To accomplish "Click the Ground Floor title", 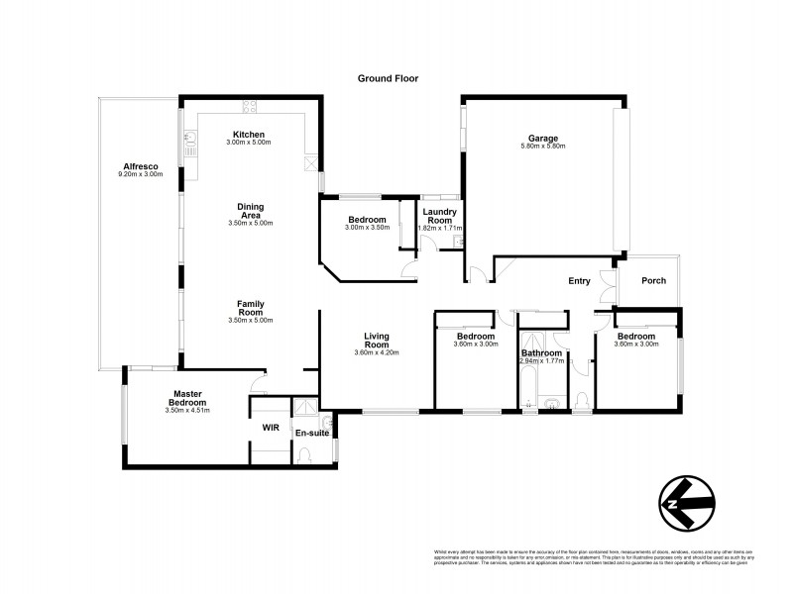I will click(388, 77).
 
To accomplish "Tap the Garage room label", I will click(542, 138).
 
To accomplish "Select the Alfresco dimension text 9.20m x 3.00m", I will click(139, 175).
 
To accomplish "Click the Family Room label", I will click(249, 308).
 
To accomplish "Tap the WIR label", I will click(270, 428).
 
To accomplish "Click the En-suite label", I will click(312, 433).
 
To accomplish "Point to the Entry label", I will click(579, 281).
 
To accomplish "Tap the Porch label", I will click(653, 281).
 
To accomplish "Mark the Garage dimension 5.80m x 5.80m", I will click(542, 147).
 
